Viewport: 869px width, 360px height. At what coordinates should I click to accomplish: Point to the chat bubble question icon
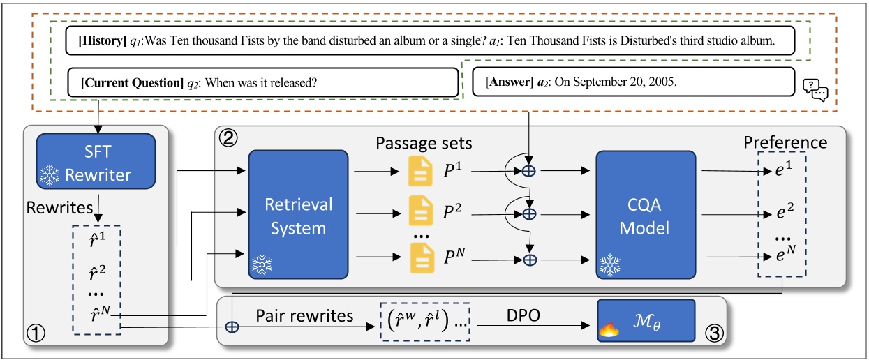point(815,89)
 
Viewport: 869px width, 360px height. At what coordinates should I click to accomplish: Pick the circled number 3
point(712,333)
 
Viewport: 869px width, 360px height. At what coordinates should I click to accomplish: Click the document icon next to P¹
point(422,172)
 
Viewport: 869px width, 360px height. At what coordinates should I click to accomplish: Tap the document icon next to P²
point(422,213)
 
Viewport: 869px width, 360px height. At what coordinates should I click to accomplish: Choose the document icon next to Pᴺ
point(422,259)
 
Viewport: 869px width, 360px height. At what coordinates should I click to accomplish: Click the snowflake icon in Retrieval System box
point(262,264)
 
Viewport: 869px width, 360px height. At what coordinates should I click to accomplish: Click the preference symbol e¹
point(787,171)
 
